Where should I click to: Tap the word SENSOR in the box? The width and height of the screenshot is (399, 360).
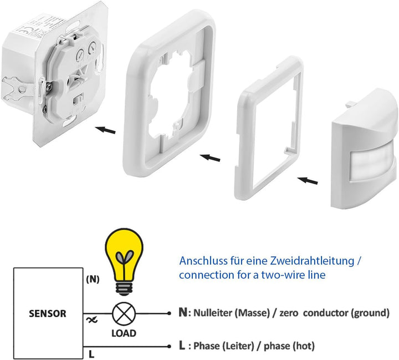click(x=48, y=313)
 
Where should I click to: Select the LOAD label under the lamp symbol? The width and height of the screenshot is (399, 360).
click(x=124, y=333)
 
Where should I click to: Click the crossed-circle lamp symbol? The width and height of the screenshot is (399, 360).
click(x=124, y=313)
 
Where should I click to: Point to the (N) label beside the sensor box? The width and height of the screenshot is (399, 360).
click(x=93, y=280)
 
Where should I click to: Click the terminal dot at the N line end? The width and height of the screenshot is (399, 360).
click(x=169, y=313)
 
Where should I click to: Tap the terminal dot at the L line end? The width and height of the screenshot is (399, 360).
click(x=169, y=346)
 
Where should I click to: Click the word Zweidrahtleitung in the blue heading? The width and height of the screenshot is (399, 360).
click(x=312, y=261)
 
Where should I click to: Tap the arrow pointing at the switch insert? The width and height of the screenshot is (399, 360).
click(x=105, y=130)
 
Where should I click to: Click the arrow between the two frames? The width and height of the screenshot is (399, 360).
click(x=210, y=158)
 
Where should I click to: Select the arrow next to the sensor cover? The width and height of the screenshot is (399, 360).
click(x=308, y=180)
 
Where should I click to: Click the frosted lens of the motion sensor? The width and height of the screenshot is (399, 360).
click(x=373, y=166)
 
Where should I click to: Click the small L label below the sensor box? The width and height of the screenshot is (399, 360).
click(x=91, y=354)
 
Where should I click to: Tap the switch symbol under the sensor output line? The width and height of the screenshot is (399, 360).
click(x=92, y=320)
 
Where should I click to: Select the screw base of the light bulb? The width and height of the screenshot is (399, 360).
click(x=124, y=289)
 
